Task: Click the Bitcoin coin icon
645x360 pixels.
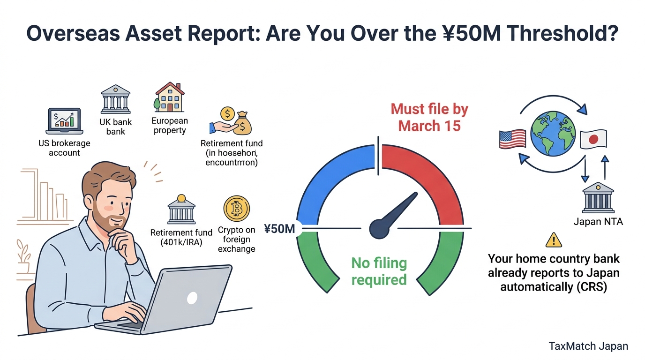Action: click(237, 209)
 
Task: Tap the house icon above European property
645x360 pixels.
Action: click(169, 97)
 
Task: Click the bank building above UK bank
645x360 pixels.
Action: click(115, 99)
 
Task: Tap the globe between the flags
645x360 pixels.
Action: click(553, 133)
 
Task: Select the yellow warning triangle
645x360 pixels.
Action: click(554, 240)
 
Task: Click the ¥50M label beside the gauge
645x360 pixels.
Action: click(279, 229)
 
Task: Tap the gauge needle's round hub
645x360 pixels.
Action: click(380, 229)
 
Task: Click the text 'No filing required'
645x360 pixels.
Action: click(379, 271)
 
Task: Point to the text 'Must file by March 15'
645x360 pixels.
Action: click(429, 117)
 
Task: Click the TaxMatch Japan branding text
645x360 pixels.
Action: click(588, 346)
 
